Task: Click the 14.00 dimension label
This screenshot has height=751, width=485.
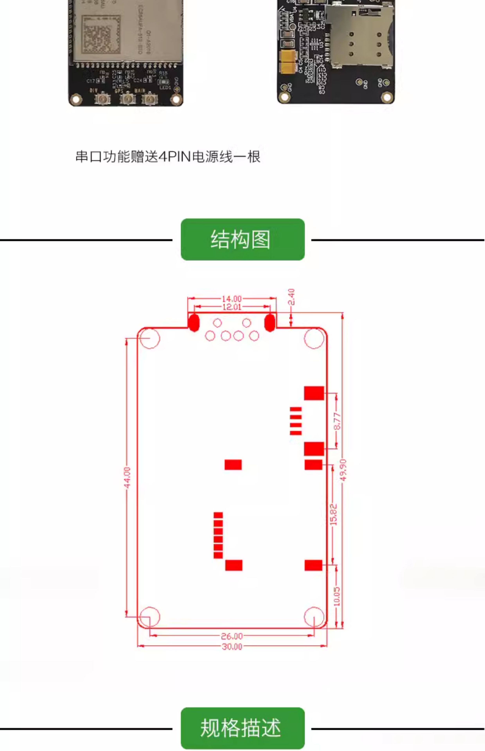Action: [232, 298]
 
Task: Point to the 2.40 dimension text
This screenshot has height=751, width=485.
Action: [292, 297]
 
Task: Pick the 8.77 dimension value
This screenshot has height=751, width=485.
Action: [337, 421]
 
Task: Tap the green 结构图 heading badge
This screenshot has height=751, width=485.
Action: [242, 240]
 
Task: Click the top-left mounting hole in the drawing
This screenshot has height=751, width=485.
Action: [150, 339]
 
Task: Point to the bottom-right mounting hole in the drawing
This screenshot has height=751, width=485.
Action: [314, 617]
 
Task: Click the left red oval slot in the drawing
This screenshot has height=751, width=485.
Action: [194, 322]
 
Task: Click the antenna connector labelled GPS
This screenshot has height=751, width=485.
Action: [128, 99]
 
